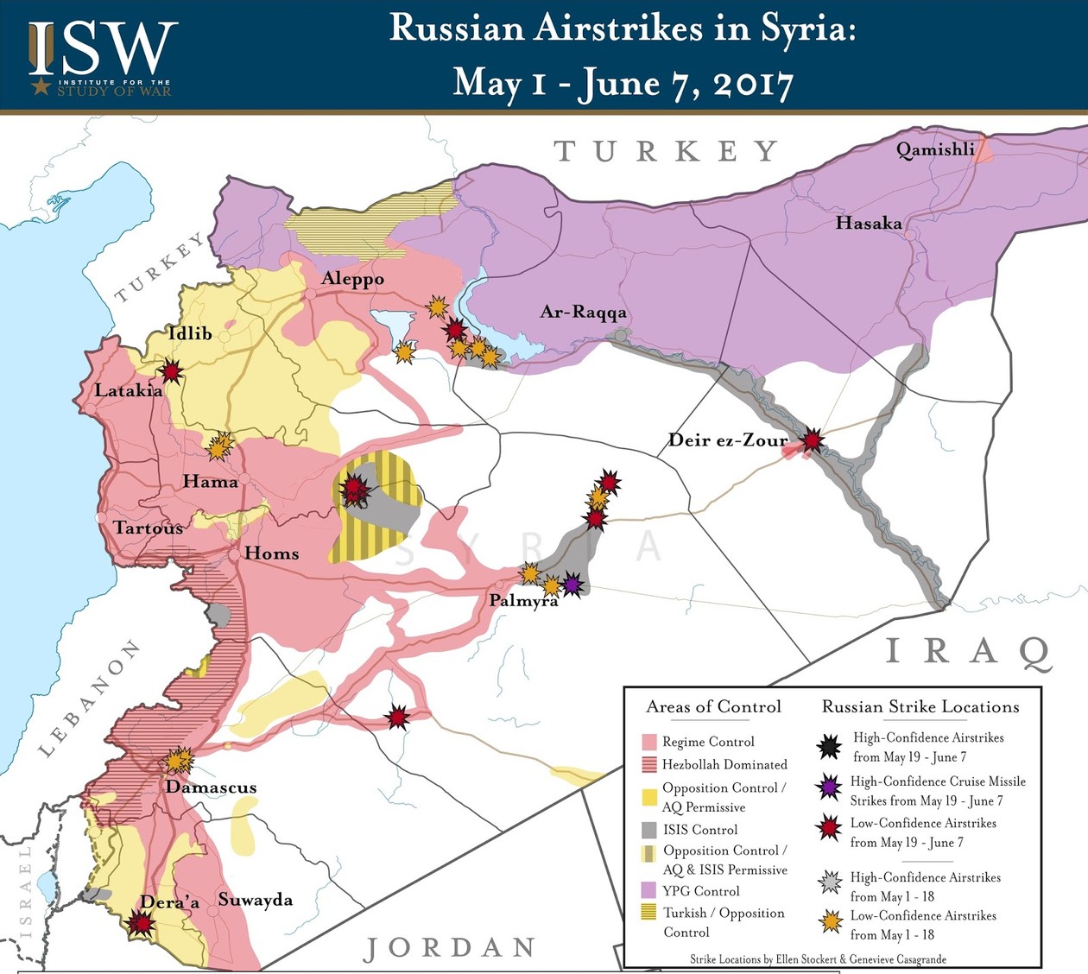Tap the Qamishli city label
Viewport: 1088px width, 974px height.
pyautogui.click(x=935, y=150)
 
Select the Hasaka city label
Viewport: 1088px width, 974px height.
pyautogui.click(x=868, y=224)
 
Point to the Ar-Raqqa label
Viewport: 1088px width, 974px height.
pyautogui.click(x=583, y=312)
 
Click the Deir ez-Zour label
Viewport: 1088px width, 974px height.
pyautogui.click(x=728, y=440)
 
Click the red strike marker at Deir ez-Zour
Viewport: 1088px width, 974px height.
pyautogui.click(x=812, y=440)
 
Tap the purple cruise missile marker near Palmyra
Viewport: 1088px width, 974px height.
pyautogui.click(x=572, y=585)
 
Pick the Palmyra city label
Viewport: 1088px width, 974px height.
pyautogui.click(x=523, y=601)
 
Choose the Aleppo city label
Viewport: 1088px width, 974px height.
pyautogui.click(x=352, y=279)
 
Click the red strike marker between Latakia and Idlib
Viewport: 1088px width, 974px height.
pyautogui.click(x=172, y=372)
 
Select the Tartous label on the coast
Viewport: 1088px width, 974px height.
pyautogui.click(x=148, y=528)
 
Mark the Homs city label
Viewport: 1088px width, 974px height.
pyautogui.click(x=271, y=553)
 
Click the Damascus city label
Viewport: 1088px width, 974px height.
pyautogui.click(x=211, y=787)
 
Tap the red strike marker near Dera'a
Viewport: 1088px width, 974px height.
pyautogui.click(x=141, y=924)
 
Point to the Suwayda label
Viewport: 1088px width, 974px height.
pyautogui.click(x=255, y=900)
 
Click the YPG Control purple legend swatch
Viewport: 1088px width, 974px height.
pyautogui.click(x=649, y=890)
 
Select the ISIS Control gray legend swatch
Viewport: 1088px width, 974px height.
pyautogui.click(x=649, y=830)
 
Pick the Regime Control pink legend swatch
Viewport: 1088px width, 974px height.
pyautogui.click(x=649, y=742)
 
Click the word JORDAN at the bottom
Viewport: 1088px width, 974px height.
pyautogui.click(x=449, y=948)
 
